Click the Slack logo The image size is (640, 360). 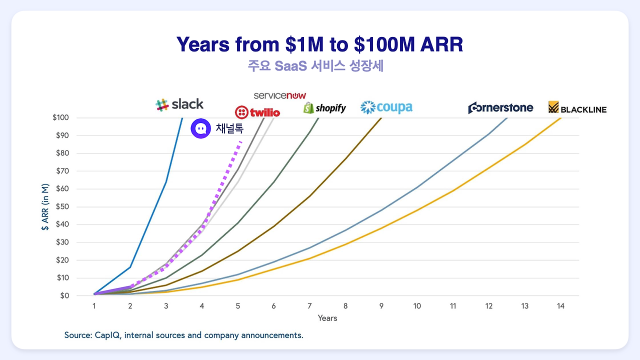pos(179,104)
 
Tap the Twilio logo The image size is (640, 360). pos(257,112)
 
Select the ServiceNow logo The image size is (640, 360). pos(279,95)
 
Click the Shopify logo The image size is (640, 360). pos(324,108)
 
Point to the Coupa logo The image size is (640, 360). pos(386,107)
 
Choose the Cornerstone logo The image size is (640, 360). pos(500,107)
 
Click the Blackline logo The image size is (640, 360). pos(577,108)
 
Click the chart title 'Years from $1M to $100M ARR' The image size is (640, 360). pos(319,44)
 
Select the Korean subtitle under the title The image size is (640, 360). pos(315,66)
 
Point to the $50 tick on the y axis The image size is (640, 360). pos(60,206)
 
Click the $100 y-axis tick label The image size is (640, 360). pos(60,117)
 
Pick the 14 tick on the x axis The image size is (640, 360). pos(560,306)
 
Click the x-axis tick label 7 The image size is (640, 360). pos(309,306)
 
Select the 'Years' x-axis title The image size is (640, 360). pos(327,318)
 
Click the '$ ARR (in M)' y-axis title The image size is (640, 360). pos(45,206)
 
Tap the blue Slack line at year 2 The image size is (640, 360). pos(130,267)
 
